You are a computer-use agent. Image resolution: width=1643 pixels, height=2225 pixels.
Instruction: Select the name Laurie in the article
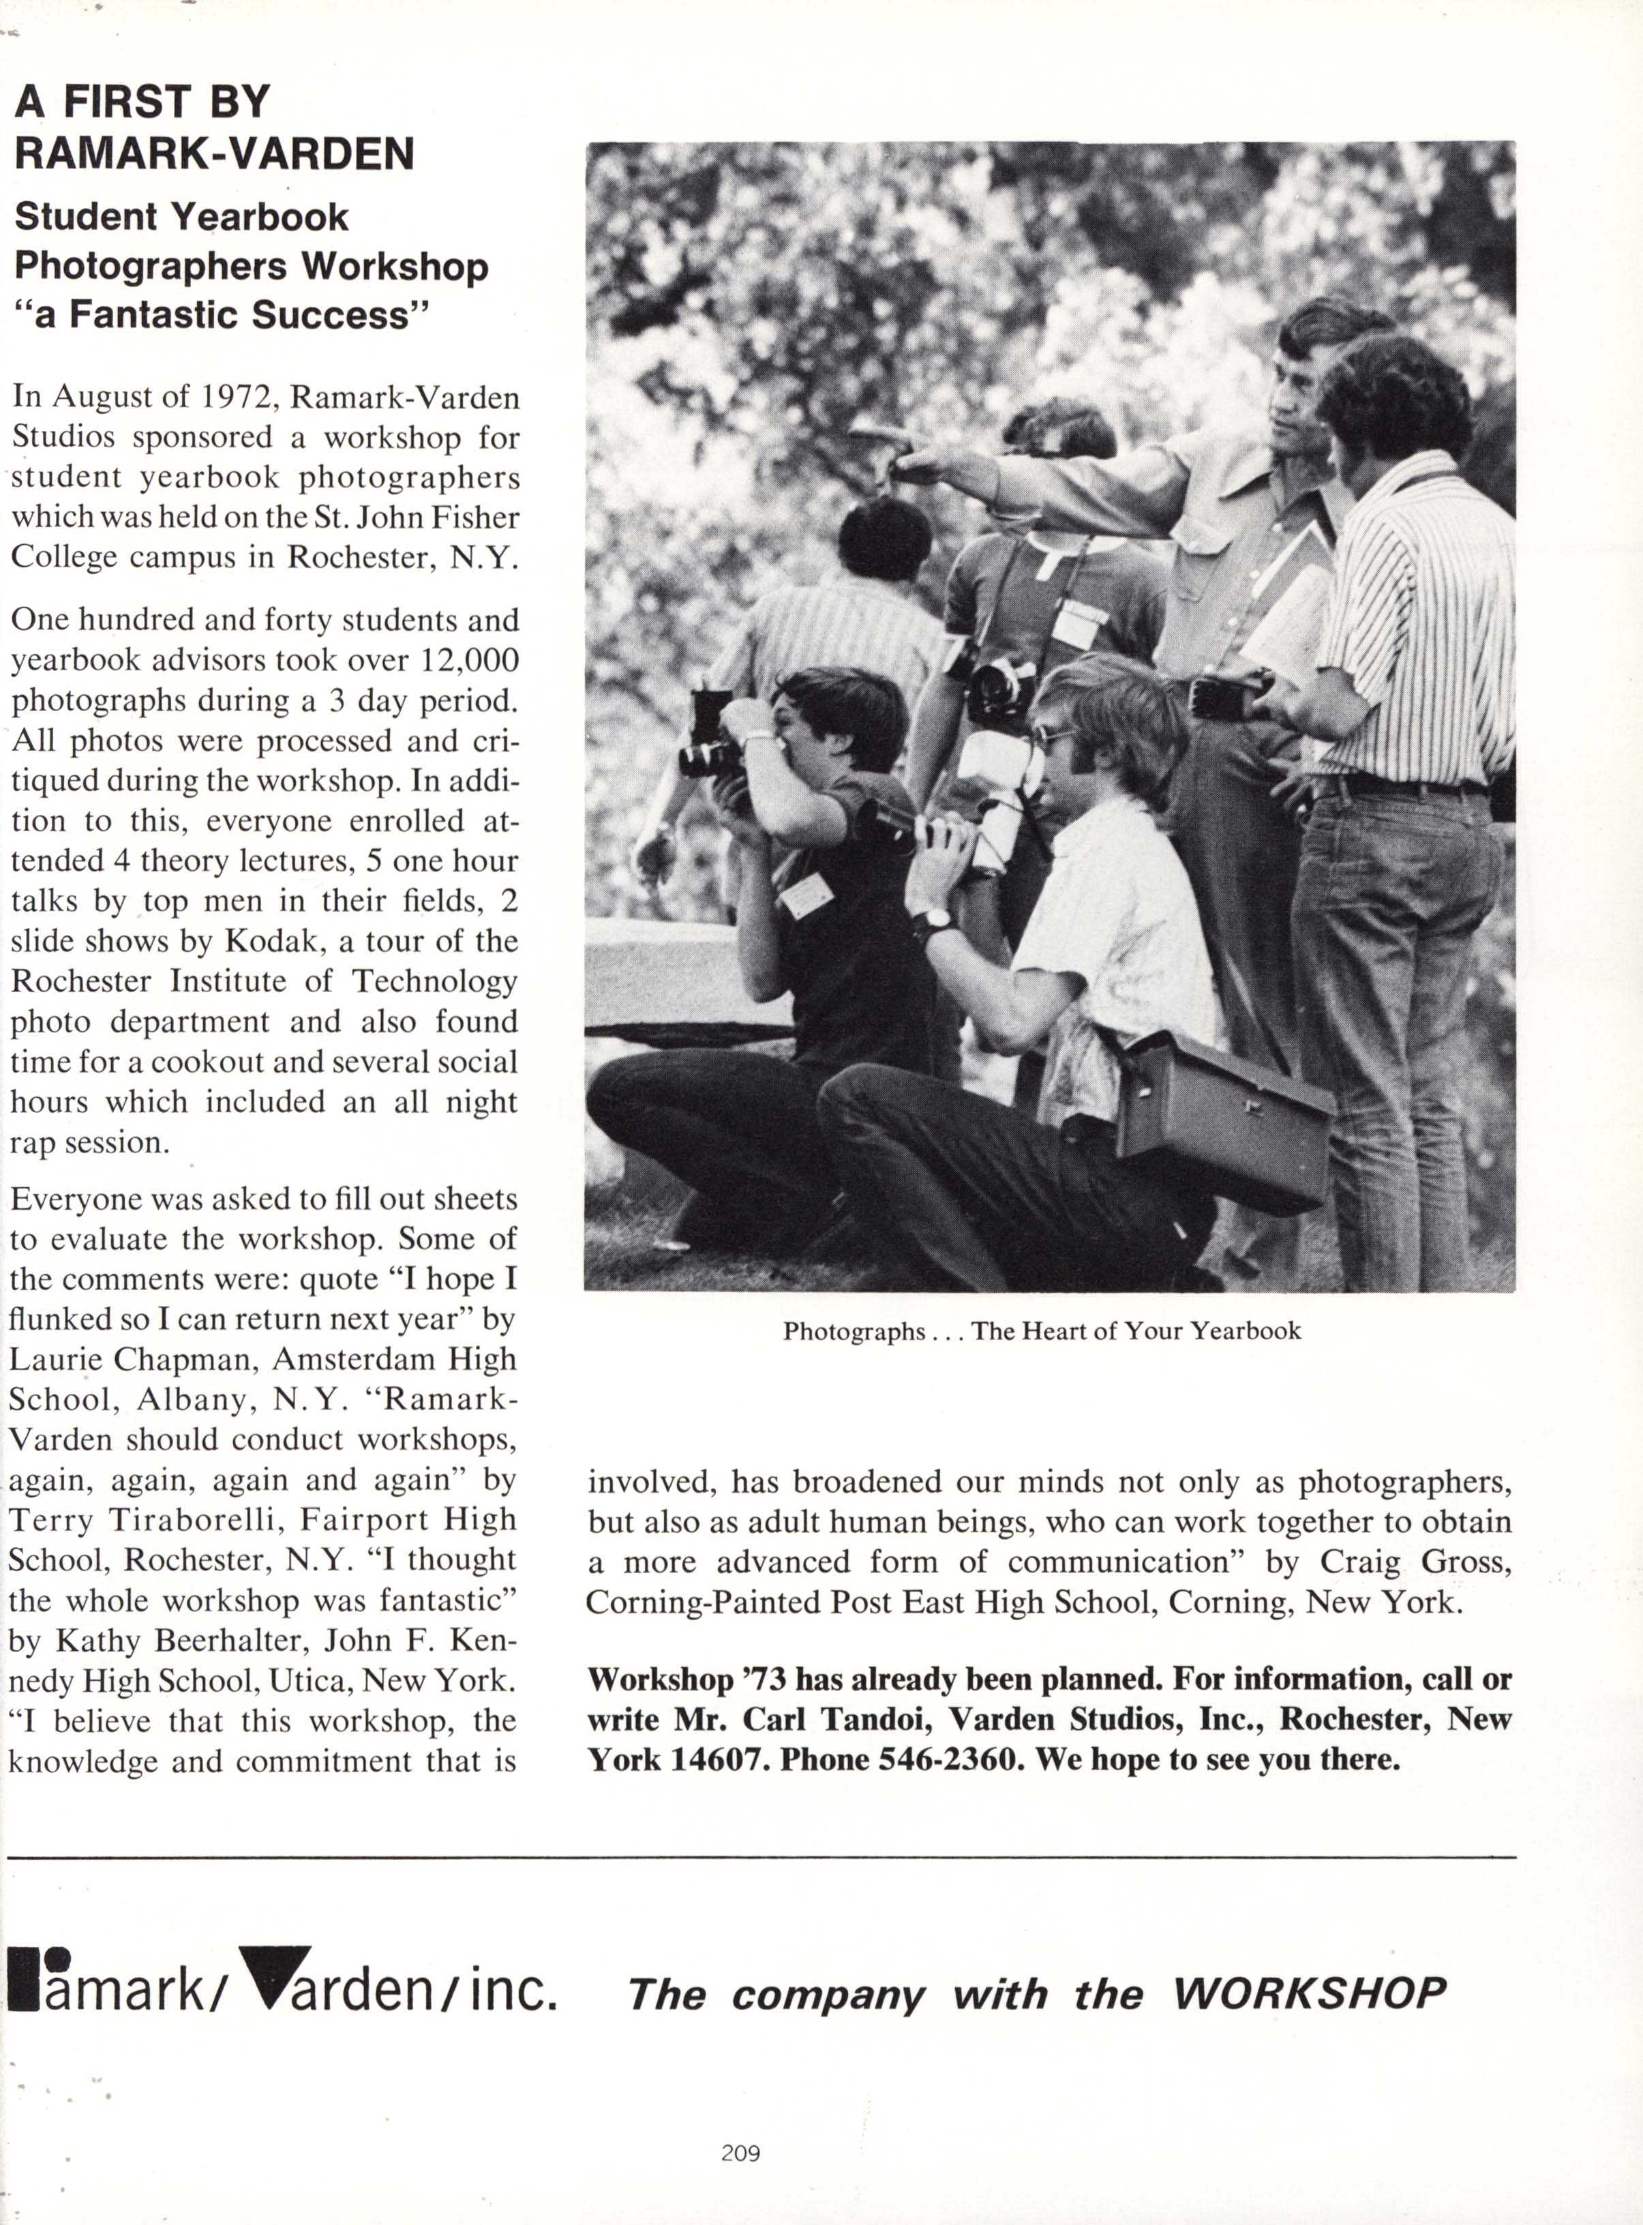tap(54, 1359)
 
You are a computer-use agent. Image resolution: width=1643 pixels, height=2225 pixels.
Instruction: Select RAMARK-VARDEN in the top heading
tap(214, 153)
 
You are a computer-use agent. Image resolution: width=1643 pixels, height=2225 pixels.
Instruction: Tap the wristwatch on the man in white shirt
tap(933, 922)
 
